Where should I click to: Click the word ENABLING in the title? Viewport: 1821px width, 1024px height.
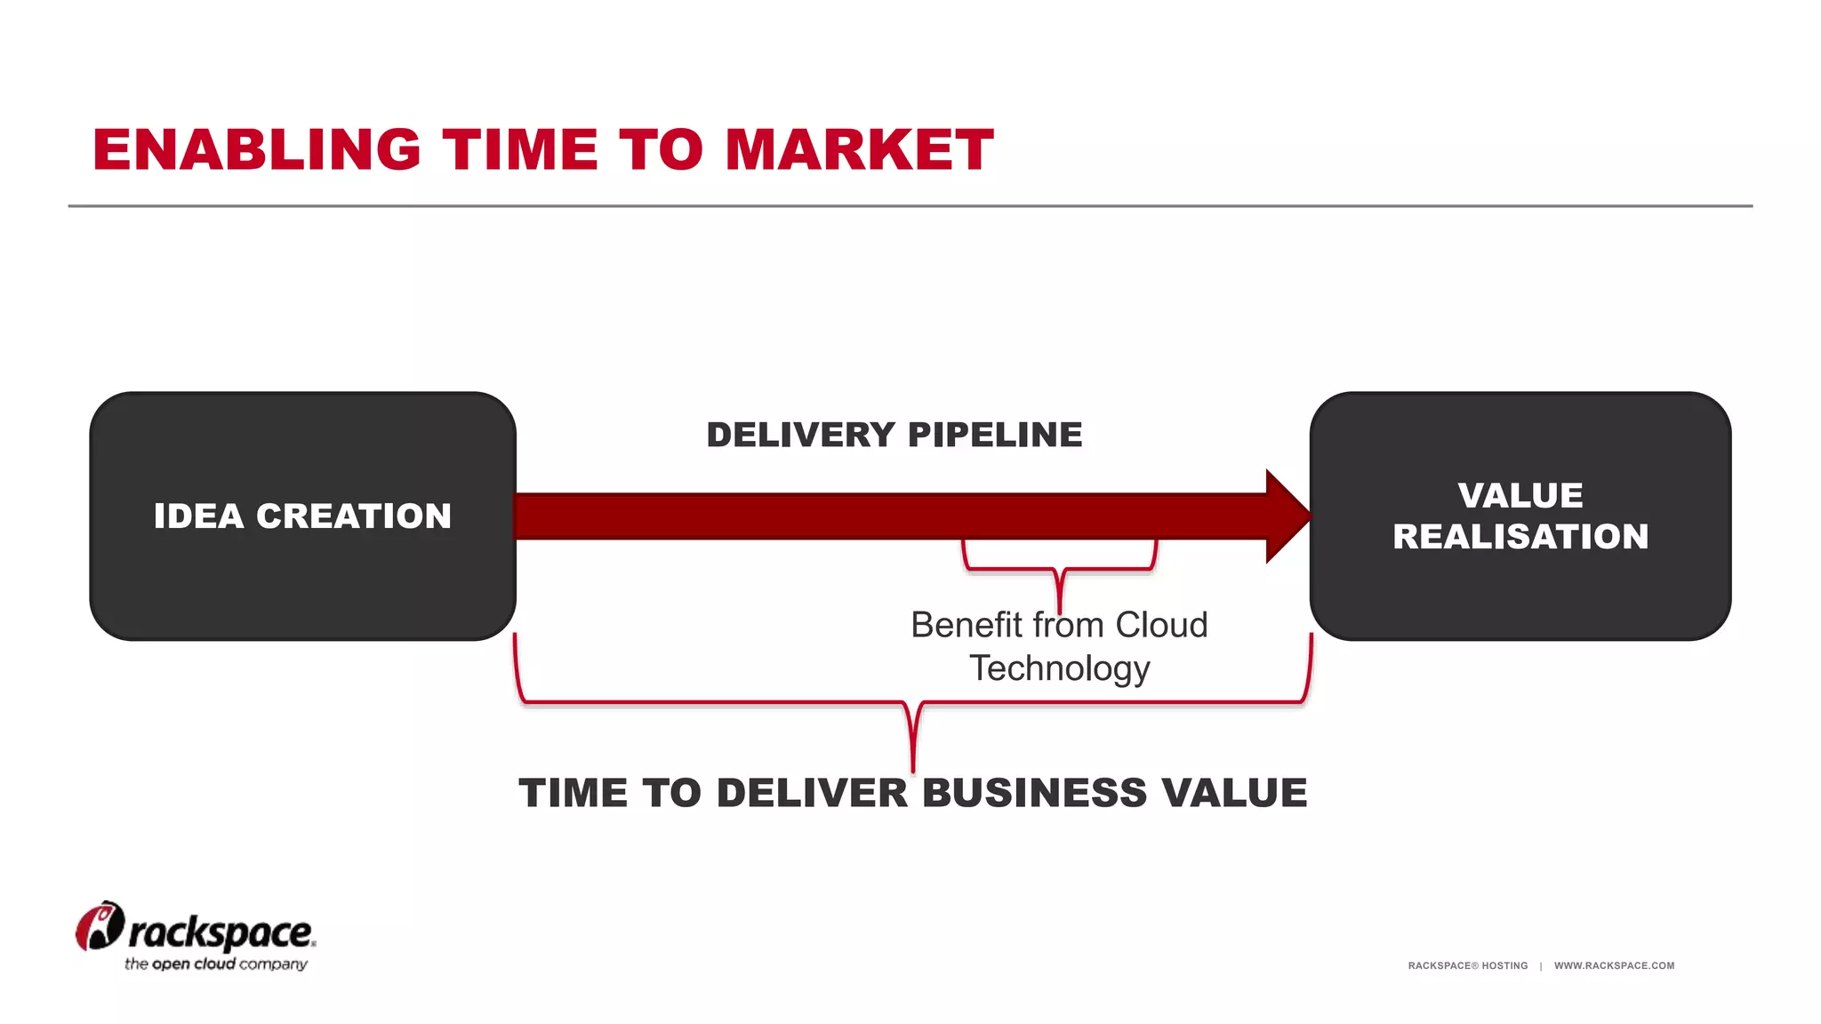[x=256, y=149]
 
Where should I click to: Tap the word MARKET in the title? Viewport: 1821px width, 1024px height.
[x=859, y=149]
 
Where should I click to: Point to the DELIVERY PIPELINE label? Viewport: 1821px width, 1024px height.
[x=894, y=435]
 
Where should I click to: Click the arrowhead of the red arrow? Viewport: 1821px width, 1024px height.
[x=1286, y=516]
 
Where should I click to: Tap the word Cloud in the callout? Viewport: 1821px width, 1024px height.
[x=1161, y=625]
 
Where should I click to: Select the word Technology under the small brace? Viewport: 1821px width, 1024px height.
[x=1059, y=668]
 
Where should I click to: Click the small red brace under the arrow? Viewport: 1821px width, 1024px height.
[x=1059, y=569]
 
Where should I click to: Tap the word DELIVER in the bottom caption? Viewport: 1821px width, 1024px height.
[x=812, y=793]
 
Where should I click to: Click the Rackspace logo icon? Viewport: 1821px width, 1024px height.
[x=99, y=926]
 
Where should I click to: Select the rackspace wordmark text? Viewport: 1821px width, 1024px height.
[x=221, y=932]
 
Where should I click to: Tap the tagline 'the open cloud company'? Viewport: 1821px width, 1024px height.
[x=216, y=964]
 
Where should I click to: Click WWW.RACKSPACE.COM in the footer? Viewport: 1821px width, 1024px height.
[x=1614, y=965]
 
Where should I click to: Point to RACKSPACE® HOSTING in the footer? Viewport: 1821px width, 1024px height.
[x=1467, y=965]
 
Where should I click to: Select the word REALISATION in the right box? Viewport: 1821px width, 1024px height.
[x=1520, y=537]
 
